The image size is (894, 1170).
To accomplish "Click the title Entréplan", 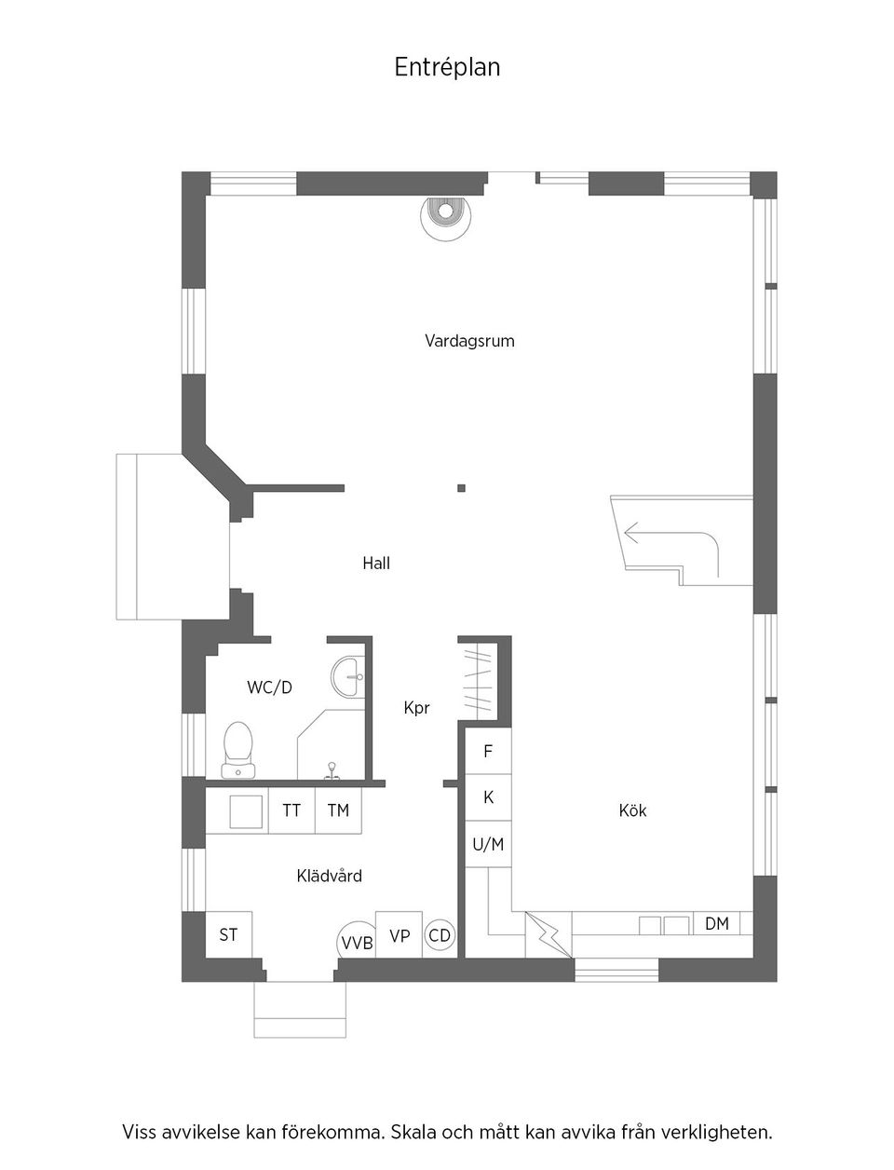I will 447,68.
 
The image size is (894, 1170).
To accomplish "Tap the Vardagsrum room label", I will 469,341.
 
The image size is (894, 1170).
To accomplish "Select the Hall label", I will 376,563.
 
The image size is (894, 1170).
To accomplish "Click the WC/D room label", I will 269,687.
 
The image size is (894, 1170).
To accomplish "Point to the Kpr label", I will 416,708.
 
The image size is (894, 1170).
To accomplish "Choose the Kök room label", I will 632,810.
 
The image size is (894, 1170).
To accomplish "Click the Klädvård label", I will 329,876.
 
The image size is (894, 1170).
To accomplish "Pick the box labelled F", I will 488,751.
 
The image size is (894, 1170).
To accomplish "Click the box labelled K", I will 488,797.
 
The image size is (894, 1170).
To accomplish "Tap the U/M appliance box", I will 488,845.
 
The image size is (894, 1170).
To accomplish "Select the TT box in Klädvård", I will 291,810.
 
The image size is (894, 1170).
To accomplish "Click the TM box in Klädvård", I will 338,810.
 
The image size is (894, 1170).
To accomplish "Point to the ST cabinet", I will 228,934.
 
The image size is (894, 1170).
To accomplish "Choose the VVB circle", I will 357,942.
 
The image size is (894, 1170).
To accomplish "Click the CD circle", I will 440,935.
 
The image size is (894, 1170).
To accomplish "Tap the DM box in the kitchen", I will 716,923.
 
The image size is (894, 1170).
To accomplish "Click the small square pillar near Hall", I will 461,487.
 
